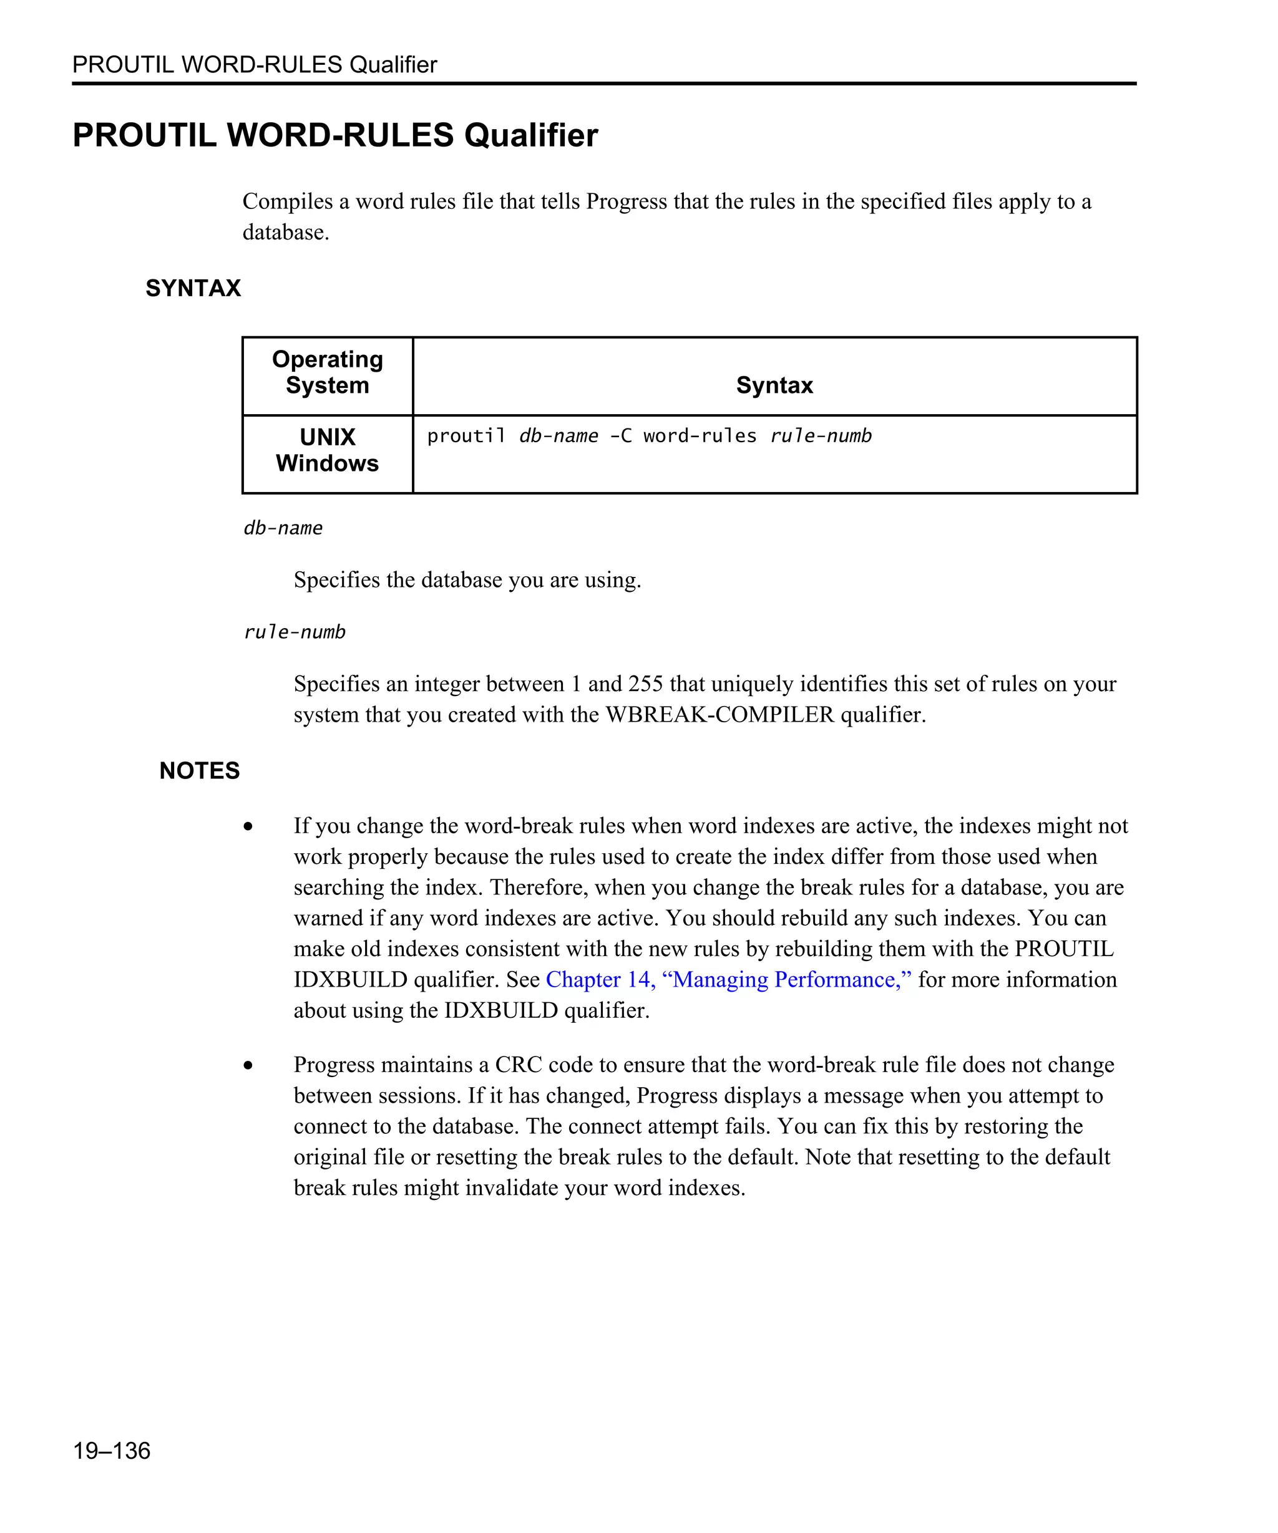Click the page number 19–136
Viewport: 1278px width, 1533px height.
point(111,1450)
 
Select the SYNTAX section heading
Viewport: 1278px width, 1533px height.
point(193,288)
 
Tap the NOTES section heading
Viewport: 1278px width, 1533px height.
point(199,770)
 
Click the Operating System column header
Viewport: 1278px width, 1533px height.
point(327,372)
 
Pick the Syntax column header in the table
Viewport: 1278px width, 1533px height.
point(774,385)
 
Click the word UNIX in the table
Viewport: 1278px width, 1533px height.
point(327,437)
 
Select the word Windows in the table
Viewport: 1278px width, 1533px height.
point(327,463)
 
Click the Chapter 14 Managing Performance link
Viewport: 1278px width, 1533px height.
point(728,979)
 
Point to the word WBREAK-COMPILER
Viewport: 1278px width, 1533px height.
point(719,714)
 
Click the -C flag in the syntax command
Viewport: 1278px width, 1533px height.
point(621,436)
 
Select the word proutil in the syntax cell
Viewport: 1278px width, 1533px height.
point(466,436)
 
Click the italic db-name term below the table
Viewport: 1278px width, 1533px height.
point(283,528)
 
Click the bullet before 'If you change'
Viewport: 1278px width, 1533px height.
point(248,826)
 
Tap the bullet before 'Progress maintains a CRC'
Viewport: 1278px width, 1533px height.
point(248,1065)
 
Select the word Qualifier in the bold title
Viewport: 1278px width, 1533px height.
point(531,135)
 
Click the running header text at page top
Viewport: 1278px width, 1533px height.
point(254,64)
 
